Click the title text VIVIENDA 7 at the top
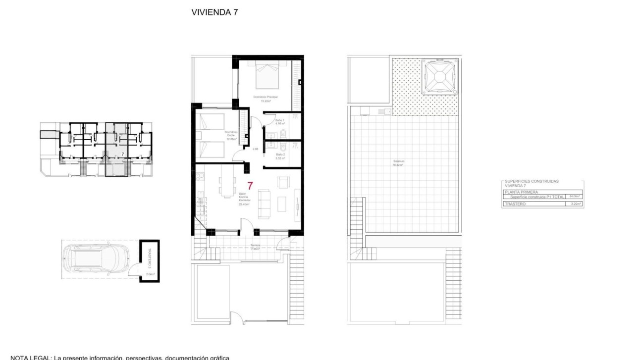pyautogui.click(x=214, y=13)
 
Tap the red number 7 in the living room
pyautogui.click(x=250, y=186)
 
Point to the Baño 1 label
pyautogui.click(x=280, y=121)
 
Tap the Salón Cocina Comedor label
pyautogui.click(x=243, y=199)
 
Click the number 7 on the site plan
pyautogui.click(x=122, y=155)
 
